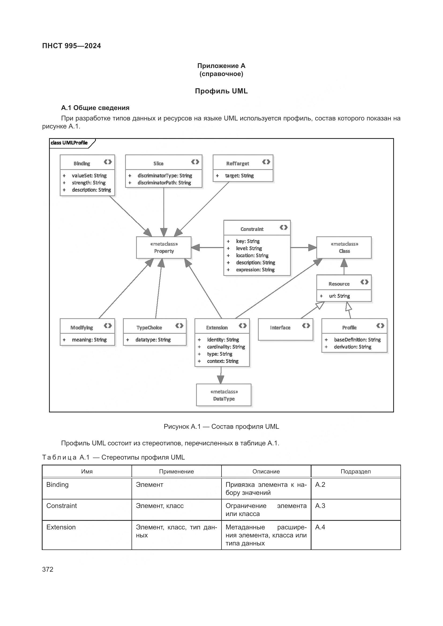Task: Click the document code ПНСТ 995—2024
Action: point(72,46)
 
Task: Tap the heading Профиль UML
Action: point(221,91)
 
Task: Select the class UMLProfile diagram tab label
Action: point(69,143)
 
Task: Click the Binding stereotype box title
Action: point(82,163)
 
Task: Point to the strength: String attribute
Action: point(88,183)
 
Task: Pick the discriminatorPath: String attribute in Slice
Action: point(164,183)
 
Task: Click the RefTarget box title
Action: point(237,163)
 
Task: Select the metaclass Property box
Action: point(164,248)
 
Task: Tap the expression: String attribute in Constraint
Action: point(255,270)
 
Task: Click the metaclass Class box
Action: point(344,248)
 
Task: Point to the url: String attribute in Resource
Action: point(339,296)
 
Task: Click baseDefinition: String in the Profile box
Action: point(357,340)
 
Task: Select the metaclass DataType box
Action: point(224,395)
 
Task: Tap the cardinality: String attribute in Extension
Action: point(226,347)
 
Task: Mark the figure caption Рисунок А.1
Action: point(221,427)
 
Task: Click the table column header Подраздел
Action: point(355,472)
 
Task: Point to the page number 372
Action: point(48,569)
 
